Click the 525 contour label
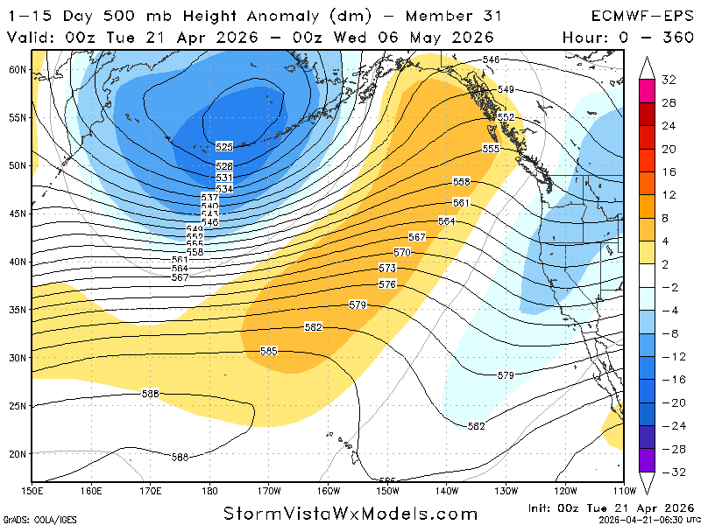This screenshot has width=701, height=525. (x=224, y=147)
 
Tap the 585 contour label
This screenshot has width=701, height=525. (x=269, y=351)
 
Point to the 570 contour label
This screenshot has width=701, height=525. (x=402, y=252)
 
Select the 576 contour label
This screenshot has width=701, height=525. (x=387, y=284)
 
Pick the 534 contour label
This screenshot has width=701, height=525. (x=224, y=188)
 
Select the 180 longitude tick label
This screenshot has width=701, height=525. (x=210, y=490)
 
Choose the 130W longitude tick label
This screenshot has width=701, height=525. (x=506, y=490)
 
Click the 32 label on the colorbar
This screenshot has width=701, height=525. (x=669, y=80)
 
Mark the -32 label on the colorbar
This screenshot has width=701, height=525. (x=668, y=472)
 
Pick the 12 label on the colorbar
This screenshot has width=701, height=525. (x=669, y=195)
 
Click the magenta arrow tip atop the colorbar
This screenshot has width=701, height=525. (x=647, y=62)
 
